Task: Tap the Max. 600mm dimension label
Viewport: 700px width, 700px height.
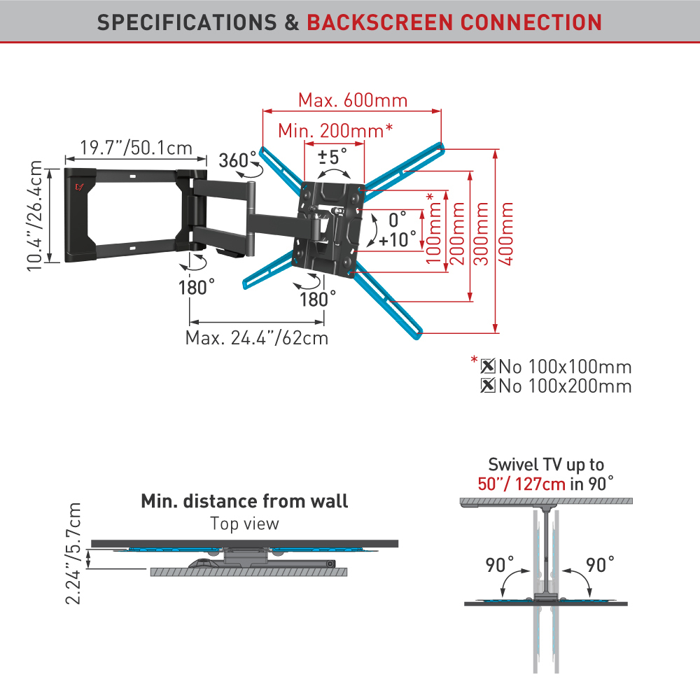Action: coord(353,100)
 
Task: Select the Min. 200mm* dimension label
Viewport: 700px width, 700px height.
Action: coord(335,130)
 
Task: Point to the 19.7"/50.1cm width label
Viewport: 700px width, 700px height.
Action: coord(136,148)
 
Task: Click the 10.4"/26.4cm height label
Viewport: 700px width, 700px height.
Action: coord(34,216)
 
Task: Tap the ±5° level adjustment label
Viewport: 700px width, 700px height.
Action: coord(332,157)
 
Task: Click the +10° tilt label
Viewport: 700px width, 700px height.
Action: coord(398,239)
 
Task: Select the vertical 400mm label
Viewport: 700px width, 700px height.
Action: coord(506,234)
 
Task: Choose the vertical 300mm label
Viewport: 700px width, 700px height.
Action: coord(482,234)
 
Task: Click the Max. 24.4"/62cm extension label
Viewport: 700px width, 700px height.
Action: coord(257,338)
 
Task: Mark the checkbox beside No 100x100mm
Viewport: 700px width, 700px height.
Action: coord(488,366)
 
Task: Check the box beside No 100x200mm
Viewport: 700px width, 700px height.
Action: coord(488,385)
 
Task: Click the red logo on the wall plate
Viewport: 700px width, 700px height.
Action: coord(80,187)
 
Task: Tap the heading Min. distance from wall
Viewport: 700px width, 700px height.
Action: coord(244,501)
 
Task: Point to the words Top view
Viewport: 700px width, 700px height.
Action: coord(244,523)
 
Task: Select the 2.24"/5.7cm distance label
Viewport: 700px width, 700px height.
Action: coord(73,554)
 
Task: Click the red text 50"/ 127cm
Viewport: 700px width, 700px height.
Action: coord(521,484)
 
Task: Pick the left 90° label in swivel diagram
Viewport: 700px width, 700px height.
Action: coord(500,565)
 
